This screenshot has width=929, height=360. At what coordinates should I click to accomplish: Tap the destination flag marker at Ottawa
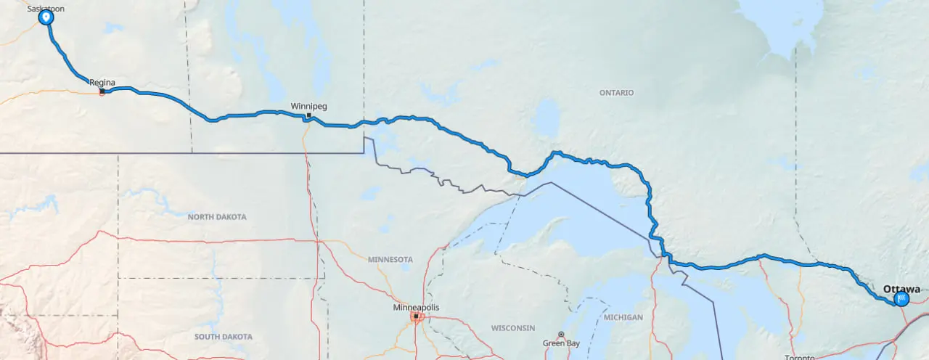coord(901,298)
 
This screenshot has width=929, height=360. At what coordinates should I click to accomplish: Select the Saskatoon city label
coord(46,9)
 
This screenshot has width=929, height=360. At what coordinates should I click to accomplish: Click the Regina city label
coord(102,83)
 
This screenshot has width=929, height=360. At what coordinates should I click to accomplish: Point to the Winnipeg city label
coord(308,106)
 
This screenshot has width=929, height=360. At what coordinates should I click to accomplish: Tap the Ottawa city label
coord(901,289)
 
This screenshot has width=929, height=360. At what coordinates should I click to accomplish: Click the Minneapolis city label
coord(416,308)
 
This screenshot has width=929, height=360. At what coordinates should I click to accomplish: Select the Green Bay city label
coord(561,343)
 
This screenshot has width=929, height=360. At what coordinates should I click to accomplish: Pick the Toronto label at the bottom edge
coord(800,357)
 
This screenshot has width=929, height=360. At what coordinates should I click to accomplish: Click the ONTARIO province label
coord(616,93)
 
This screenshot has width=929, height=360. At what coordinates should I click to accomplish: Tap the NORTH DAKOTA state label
coord(217,217)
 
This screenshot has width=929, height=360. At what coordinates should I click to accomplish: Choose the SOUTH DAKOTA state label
coord(224,337)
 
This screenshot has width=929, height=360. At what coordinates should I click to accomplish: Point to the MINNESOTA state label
coord(390,259)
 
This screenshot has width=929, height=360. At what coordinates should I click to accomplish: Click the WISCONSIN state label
coord(513,328)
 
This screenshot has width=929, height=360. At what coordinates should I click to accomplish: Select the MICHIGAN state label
coord(622,318)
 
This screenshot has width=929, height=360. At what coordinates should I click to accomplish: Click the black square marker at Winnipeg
coord(308,115)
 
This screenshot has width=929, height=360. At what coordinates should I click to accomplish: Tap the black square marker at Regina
coord(102,91)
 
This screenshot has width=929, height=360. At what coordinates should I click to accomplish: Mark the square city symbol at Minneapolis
coord(416,316)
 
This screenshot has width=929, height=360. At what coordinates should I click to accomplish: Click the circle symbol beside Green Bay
coord(561,335)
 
